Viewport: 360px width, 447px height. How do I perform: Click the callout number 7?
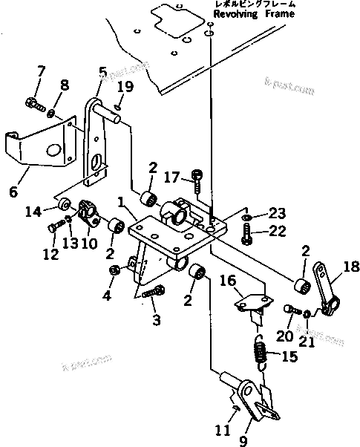point(41,71)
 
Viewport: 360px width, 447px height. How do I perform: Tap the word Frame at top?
point(279,14)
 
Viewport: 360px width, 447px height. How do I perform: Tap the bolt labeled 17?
point(197,176)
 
